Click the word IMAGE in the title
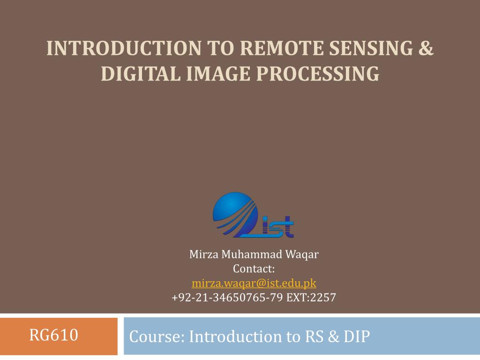click(209, 74)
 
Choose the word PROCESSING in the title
click(312, 74)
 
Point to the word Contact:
click(254, 269)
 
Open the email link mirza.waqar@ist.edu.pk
click(254, 283)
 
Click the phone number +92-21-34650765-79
click(227, 298)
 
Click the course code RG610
click(53, 336)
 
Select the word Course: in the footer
click(157, 337)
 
